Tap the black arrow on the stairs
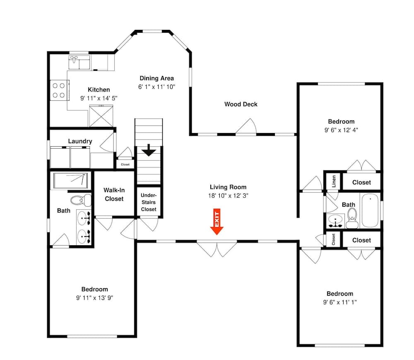tap(149, 150)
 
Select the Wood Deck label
tap(241, 104)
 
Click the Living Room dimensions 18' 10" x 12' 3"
tap(228, 196)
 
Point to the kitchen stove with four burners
tap(59, 90)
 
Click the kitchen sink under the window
tap(79, 62)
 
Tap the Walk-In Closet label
tap(114, 194)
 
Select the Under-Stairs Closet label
tap(149, 202)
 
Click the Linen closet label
tap(334, 181)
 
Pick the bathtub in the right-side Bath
tap(370, 210)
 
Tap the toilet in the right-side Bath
tap(352, 218)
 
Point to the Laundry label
tap(80, 141)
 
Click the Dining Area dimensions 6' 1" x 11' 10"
tap(156, 87)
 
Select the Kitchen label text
tap(99, 90)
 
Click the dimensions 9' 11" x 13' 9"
tap(94, 298)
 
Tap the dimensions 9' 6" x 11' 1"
tap(340, 302)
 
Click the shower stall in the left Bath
tap(70, 180)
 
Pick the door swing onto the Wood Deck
tap(246, 126)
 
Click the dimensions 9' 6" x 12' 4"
tap(341, 130)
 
